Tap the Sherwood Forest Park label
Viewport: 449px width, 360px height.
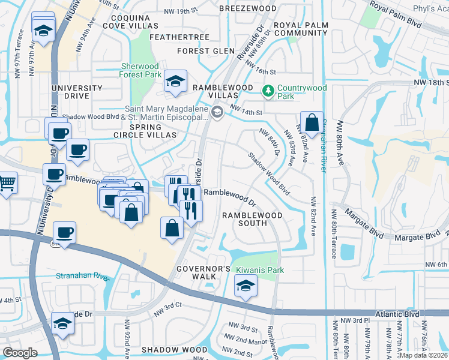click(x=140, y=70)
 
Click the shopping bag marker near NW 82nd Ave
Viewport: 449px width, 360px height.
click(x=312, y=123)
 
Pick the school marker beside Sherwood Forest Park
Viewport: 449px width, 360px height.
click(x=175, y=82)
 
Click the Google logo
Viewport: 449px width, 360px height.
click(x=20, y=353)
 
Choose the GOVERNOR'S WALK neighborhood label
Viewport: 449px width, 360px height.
click(x=203, y=272)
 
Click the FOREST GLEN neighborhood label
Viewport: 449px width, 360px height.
click(x=206, y=51)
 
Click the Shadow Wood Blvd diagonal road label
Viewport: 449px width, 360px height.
click(x=270, y=174)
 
